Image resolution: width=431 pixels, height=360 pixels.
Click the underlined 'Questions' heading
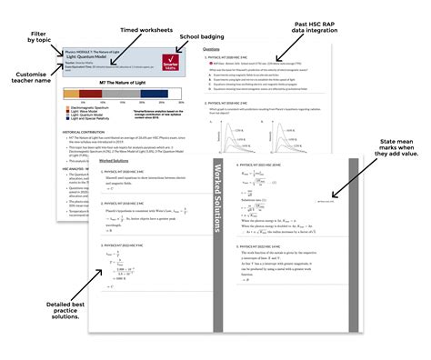click(x=210, y=48)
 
